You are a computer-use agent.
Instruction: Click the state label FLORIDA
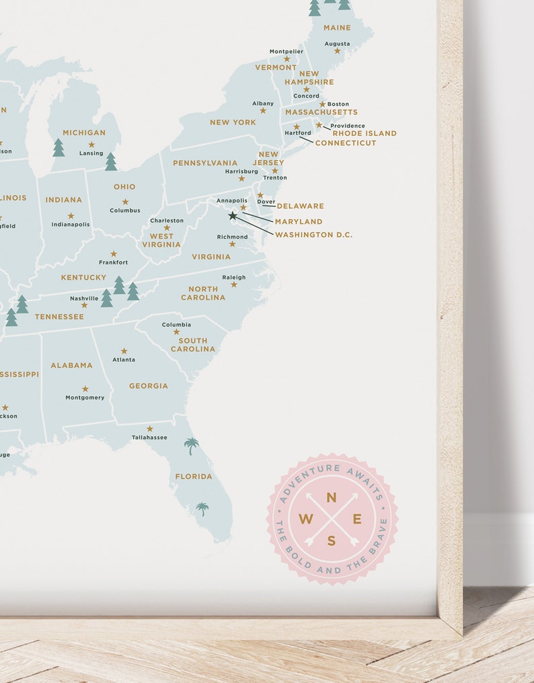[194, 477]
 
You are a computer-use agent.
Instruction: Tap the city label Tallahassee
[149, 437]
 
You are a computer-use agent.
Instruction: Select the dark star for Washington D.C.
[233, 216]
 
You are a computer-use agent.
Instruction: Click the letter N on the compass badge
[331, 497]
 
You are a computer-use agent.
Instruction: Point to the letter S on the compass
[331, 540]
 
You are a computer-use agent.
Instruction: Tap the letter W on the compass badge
[305, 519]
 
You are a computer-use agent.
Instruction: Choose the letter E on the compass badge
[357, 519]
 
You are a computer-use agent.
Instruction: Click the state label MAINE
[337, 28]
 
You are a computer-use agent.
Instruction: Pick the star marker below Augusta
[337, 50]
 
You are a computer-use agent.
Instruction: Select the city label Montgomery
[85, 397]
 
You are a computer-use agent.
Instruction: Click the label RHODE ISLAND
[365, 133]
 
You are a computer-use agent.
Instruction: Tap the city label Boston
[338, 104]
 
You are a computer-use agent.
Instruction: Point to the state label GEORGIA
[149, 386]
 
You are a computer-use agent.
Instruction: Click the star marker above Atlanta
[124, 351]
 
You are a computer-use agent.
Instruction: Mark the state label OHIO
[124, 187]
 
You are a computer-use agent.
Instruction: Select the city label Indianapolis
[71, 225]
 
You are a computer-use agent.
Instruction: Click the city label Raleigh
[234, 277]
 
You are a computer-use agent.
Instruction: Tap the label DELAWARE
[301, 206]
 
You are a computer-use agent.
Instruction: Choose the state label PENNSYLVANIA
[205, 163]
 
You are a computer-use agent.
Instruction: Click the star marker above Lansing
[91, 145]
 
